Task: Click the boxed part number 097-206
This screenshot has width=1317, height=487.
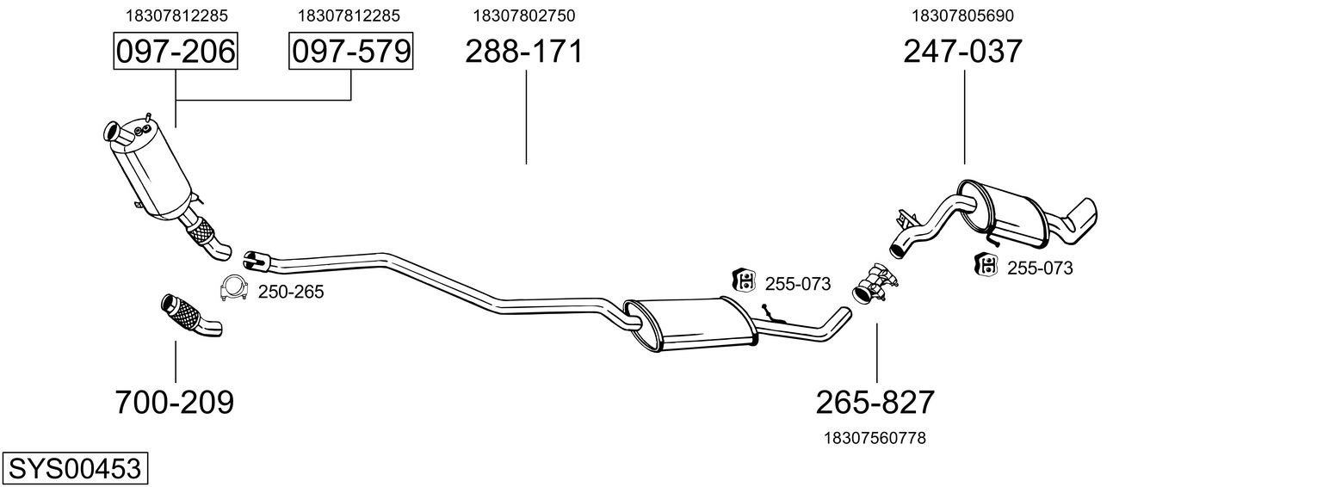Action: click(x=176, y=51)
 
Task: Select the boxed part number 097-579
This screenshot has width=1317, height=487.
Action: click(x=350, y=51)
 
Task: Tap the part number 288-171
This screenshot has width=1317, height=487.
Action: click(x=524, y=51)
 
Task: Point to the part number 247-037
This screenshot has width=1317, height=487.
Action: click(x=962, y=51)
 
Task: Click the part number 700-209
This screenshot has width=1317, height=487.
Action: click(x=175, y=403)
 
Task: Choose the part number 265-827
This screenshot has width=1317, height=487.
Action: click(x=875, y=403)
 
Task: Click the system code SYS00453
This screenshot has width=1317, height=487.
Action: click(x=75, y=468)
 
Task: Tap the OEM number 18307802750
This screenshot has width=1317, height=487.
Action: click(x=524, y=15)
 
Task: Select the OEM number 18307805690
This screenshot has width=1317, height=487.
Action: click(x=962, y=15)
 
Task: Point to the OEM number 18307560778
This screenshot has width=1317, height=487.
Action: click(x=875, y=438)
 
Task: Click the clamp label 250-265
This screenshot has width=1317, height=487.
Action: click(x=291, y=292)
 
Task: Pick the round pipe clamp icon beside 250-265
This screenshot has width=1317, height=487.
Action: click(x=233, y=288)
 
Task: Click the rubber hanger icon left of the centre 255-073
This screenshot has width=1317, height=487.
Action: click(x=744, y=280)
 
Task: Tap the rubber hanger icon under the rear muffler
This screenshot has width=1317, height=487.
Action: click(x=986, y=264)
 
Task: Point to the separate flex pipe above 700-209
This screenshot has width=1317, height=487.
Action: click(x=191, y=314)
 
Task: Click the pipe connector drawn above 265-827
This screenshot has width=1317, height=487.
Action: click(x=875, y=284)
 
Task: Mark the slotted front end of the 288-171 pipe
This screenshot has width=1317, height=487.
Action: click(x=256, y=261)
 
